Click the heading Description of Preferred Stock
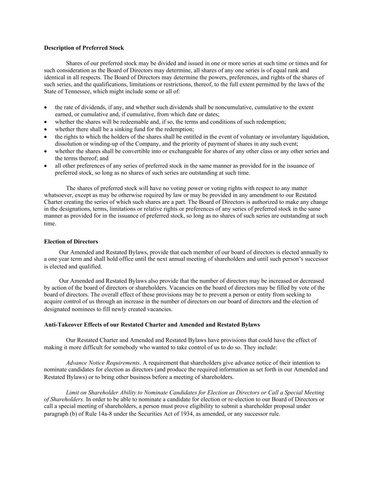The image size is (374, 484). (x=84, y=48)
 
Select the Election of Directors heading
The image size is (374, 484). (x=71, y=242)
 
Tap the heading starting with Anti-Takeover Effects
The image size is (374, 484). (x=152, y=325)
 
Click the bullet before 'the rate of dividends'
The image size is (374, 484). (x=46, y=107)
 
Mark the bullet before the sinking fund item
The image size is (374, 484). (x=46, y=129)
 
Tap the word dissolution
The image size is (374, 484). (x=67, y=144)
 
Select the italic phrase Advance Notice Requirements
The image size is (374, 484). (x=103, y=363)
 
